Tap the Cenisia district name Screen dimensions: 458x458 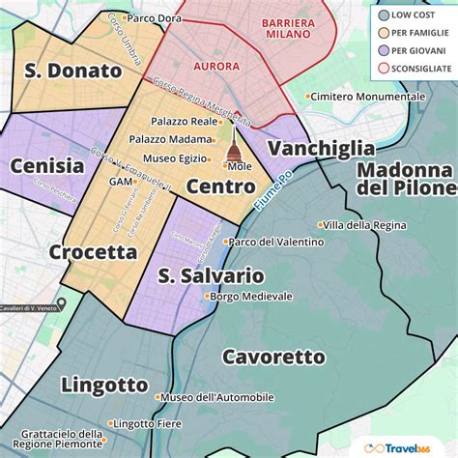(46, 165)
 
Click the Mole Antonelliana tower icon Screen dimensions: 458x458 (233, 150)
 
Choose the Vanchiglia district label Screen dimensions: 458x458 (321, 148)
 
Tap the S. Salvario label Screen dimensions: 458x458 (210, 275)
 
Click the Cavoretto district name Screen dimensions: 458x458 (273, 357)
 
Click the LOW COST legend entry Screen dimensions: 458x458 (415, 15)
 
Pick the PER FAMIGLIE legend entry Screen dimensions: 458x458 (419, 33)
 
